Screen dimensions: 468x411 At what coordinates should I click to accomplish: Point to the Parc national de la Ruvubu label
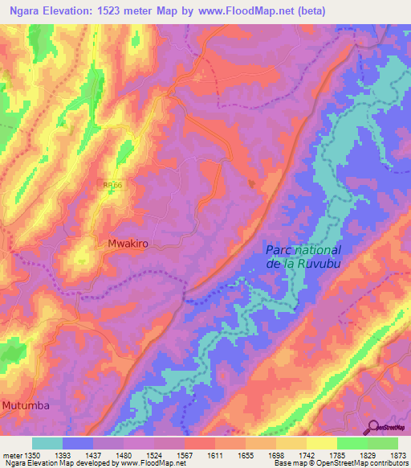[303, 257]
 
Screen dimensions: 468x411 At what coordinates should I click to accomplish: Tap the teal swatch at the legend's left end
[47, 443]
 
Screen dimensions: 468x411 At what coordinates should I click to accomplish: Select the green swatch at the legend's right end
[382, 443]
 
